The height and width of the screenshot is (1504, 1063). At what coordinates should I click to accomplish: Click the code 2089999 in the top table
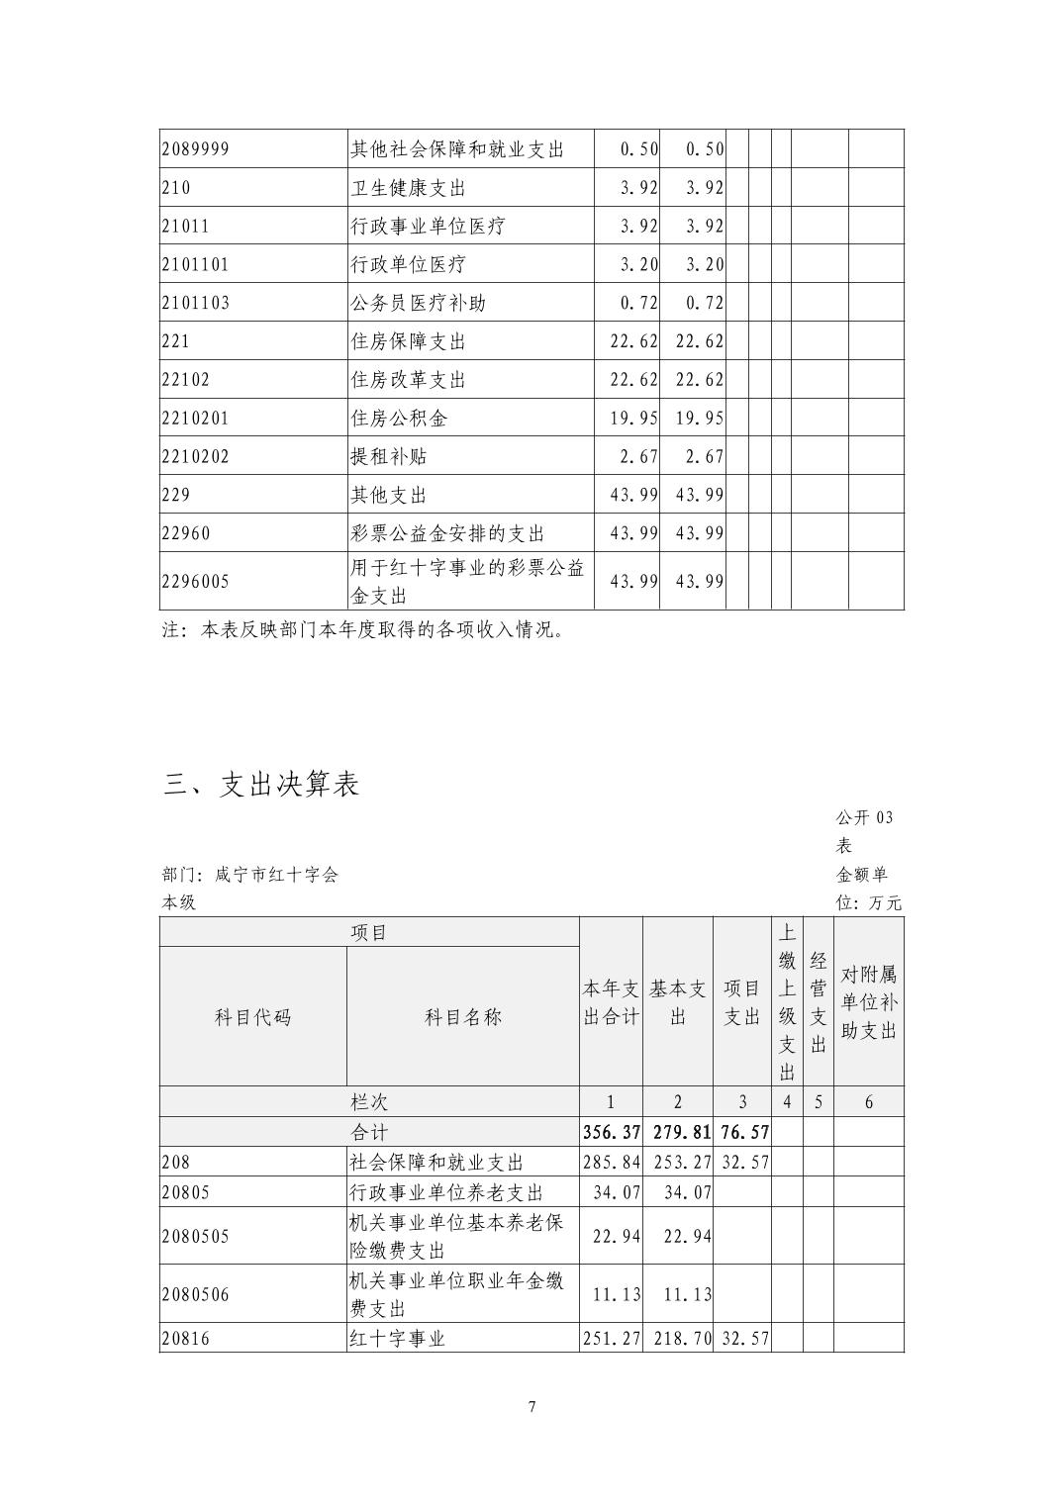pyautogui.click(x=195, y=148)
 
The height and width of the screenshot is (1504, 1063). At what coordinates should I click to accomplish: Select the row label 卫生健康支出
pyautogui.click(x=408, y=187)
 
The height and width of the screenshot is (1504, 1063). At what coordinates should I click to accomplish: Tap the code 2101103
pyautogui.click(x=195, y=303)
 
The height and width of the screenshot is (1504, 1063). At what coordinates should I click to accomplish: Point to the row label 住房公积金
pyautogui.click(x=399, y=419)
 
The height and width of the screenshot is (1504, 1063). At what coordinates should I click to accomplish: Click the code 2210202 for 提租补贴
pyautogui.click(x=195, y=457)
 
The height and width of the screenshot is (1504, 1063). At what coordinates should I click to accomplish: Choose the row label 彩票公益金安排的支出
pyautogui.click(x=447, y=533)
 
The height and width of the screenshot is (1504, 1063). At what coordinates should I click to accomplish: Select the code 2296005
pyautogui.click(x=195, y=581)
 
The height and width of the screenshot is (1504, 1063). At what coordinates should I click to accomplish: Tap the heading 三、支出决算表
pyautogui.click(x=261, y=784)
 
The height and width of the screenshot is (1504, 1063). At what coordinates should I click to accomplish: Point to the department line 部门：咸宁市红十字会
pyautogui.click(x=250, y=875)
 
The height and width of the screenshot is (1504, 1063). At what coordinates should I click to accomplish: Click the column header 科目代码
pyautogui.click(x=253, y=1016)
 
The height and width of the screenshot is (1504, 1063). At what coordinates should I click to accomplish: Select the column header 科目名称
pyautogui.click(x=463, y=1016)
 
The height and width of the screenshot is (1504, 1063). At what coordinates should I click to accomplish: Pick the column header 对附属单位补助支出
pyautogui.click(x=869, y=1002)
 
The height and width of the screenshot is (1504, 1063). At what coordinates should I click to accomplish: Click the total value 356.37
pyautogui.click(x=612, y=1132)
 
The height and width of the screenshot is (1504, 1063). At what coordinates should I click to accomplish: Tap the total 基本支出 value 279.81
pyautogui.click(x=678, y=1132)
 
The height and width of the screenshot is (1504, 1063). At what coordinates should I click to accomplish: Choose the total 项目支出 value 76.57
pyautogui.click(x=742, y=1132)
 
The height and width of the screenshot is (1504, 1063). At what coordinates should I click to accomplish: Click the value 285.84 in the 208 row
pyautogui.click(x=612, y=1162)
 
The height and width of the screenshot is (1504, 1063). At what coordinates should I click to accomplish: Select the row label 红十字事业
pyautogui.click(x=398, y=1339)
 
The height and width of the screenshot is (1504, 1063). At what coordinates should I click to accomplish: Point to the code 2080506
pyautogui.click(x=195, y=1294)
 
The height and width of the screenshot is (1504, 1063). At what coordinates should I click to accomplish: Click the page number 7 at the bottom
pyautogui.click(x=532, y=1407)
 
